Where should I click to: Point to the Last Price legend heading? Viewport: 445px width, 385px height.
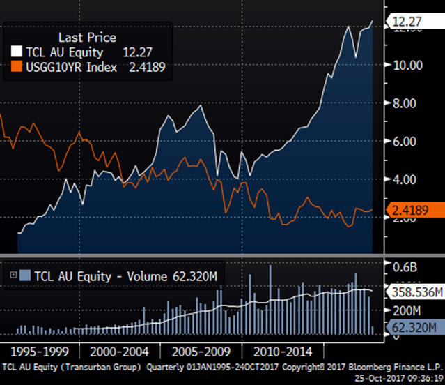point(87,38)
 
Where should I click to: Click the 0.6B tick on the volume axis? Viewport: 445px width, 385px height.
point(405,265)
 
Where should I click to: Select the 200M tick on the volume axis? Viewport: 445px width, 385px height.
point(405,310)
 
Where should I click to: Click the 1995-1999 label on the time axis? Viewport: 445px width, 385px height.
point(39,349)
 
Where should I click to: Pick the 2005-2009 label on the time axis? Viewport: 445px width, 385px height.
point(202,349)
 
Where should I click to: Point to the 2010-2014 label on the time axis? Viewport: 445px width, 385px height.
point(283,349)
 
